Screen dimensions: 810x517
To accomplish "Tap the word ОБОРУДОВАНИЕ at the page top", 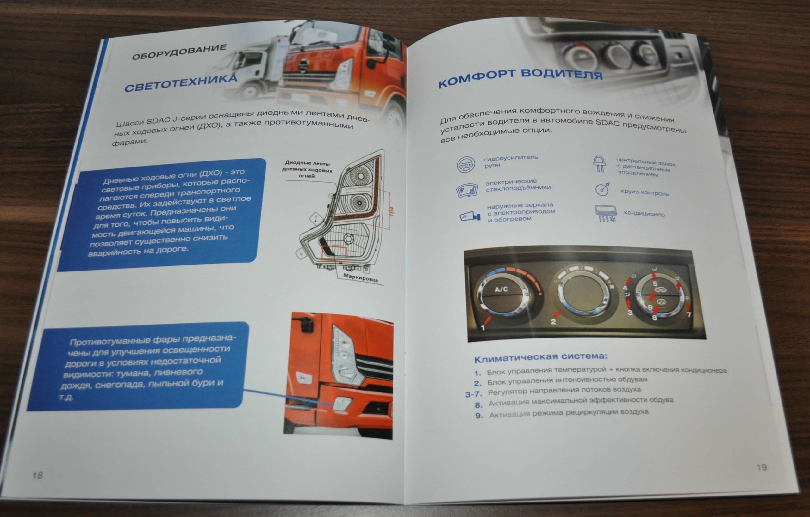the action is pyautogui.click(x=179, y=52).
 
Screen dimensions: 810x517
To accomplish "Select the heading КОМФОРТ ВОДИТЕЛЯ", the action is pyautogui.click(x=520, y=78).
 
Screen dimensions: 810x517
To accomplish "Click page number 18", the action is pyautogui.click(x=38, y=475).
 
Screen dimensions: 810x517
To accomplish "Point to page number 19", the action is pyautogui.click(x=762, y=467).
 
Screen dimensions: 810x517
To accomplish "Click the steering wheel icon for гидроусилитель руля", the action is pyautogui.click(x=465, y=165).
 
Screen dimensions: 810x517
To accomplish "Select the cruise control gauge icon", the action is pyautogui.click(x=602, y=189).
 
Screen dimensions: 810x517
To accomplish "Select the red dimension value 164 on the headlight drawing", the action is pyautogui.click(x=391, y=212).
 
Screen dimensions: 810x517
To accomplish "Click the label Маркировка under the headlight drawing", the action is pyautogui.click(x=360, y=277).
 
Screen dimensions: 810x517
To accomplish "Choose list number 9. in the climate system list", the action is pyautogui.click(x=479, y=416).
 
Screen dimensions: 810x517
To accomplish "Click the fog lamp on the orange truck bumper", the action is pyautogui.click(x=342, y=403).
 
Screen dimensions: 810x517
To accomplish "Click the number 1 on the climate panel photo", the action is pyautogui.click(x=483, y=327).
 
